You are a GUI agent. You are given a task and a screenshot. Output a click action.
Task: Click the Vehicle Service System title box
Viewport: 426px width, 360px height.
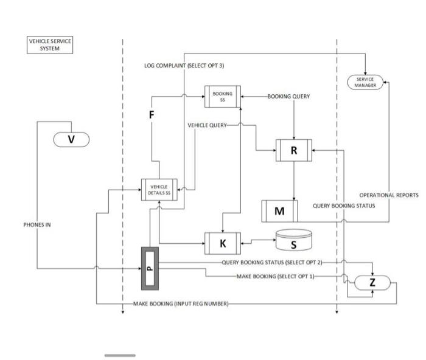(x=51, y=45)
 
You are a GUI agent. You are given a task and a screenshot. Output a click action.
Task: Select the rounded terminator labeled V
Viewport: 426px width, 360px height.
(x=71, y=139)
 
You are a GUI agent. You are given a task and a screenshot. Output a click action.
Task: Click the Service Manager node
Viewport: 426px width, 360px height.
(x=365, y=82)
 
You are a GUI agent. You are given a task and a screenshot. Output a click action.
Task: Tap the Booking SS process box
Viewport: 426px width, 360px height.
(x=222, y=97)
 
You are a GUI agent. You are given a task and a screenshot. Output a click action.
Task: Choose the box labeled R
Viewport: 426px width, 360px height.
(x=294, y=150)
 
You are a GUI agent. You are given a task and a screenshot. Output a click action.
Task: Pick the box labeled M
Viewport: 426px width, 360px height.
(x=279, y=211)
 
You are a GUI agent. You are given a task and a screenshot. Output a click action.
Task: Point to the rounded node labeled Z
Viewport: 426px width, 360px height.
(x=372, y=282)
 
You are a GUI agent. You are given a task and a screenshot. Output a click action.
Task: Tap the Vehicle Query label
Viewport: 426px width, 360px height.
(x=207, y=125)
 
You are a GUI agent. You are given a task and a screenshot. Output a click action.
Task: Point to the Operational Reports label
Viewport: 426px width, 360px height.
(x=388, y=195)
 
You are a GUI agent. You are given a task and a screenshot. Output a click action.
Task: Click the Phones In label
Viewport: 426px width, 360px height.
(x=37, y=224)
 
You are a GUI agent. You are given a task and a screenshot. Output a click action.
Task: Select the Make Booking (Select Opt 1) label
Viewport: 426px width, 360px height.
(x=275, y=276)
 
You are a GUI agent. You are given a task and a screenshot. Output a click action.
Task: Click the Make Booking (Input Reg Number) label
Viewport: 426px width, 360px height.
(x=181, y=303)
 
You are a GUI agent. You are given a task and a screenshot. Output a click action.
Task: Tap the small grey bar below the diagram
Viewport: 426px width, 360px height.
(x=120, y=355)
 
